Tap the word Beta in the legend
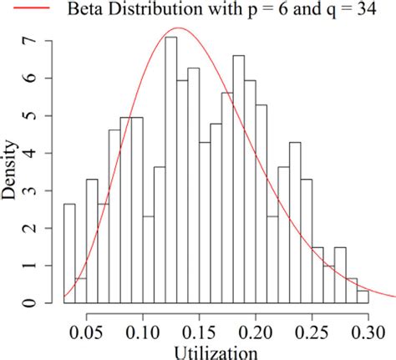coord(81,10)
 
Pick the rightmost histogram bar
coord(363,297)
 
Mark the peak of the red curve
coord(177,28)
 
